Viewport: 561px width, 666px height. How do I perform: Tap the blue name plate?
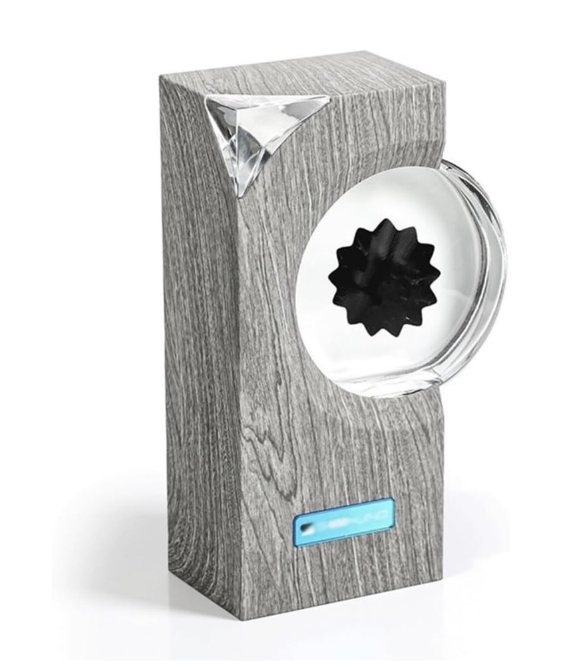click(x=345, y=522)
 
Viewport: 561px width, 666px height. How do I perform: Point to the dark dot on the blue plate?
click(x=304, y=526)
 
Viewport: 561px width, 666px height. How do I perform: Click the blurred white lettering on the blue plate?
click(x=353, y=521)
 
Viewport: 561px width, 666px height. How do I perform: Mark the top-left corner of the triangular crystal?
click(x=208, y=96)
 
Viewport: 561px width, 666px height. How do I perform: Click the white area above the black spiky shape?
click(x=379, y=193)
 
